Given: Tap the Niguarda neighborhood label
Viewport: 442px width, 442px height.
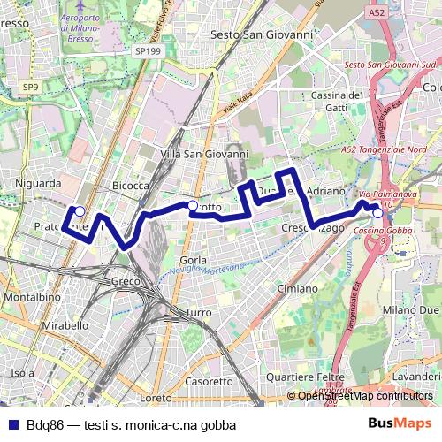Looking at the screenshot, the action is [x=38, y=183].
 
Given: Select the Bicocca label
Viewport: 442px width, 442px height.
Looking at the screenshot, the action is [x=131, y=186].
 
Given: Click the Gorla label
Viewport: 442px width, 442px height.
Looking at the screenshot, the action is [x=192, y=261].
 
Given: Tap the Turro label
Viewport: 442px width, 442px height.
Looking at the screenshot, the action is [x=198, y=313].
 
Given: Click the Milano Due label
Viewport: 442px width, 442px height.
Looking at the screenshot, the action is [x=415, y=311].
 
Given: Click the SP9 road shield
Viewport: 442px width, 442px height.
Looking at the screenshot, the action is [x=31, y=87].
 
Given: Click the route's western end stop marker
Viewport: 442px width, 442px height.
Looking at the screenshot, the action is [x=80, y=210].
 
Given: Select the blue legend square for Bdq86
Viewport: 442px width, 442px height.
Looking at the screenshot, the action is [x=14, y=424].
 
